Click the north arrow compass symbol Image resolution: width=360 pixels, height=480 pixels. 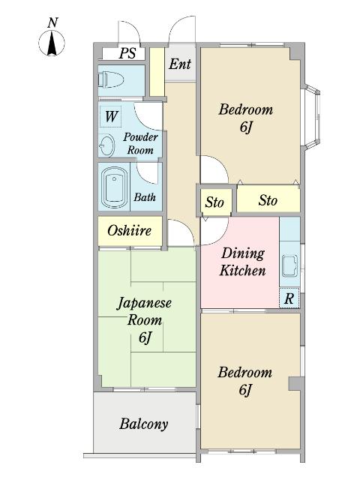click(x=51, y=41)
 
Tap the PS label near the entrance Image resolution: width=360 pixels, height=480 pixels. click(x=128, y=54)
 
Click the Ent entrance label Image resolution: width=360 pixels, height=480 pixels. click(x=179, y=64)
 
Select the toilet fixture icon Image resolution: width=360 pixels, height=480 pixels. click(x=112, y=81)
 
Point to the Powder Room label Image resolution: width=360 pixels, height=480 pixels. click(x=140, y=143)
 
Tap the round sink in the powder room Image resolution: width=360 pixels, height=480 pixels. click(x=106, y=145)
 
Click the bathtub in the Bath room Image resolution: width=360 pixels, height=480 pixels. click(x=115, y=187)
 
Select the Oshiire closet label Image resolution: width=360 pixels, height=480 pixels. click(x=129, y=231)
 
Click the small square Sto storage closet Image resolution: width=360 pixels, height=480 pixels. click(x=214, y=202)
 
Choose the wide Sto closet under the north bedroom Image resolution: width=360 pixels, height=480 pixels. click(x=268, y=200)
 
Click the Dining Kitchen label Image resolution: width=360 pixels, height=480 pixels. click(x=241, y=262)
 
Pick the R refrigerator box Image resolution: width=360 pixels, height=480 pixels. click(x=289, y=298)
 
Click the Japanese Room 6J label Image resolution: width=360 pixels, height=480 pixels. click(x=145, y=320)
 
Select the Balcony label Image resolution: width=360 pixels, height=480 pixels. click(x=143, y=424)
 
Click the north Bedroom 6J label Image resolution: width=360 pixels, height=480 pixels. click(x=245, y=118)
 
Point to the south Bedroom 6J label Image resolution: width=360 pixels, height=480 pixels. click(x=245, y=381)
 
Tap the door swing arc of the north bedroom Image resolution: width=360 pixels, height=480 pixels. click(x=214, y=169)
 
